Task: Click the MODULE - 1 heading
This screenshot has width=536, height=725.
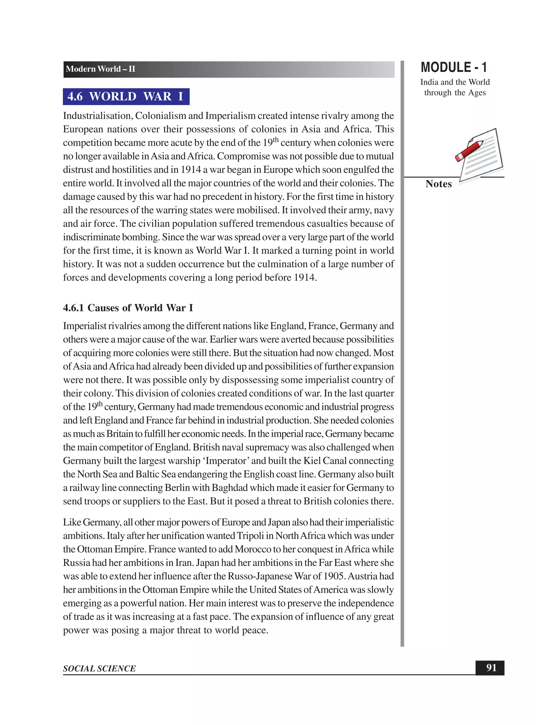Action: coord(454,68)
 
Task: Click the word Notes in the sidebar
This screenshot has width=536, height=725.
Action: coord(438,184)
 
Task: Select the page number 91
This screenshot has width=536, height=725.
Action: coord(491,668)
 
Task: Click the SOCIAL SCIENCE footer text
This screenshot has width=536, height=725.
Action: coord(99,668)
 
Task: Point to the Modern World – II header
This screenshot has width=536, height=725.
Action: coord(100,69)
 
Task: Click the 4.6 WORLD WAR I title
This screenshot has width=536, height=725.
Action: coord(126,97)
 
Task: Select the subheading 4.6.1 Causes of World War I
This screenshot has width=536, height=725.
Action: coord(128,308)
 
